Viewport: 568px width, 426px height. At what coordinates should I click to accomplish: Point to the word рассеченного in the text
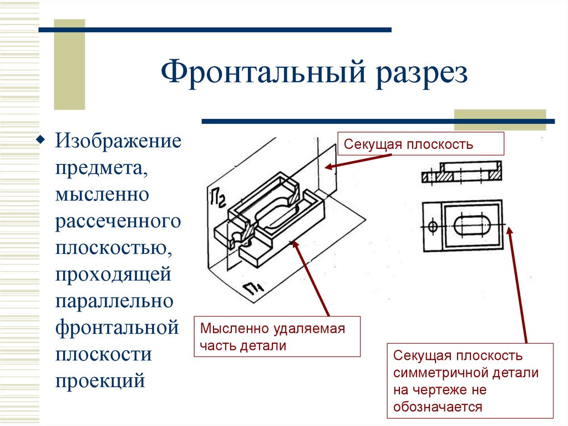pos(118,221)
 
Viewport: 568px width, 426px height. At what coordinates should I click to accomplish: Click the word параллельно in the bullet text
pos(114,300)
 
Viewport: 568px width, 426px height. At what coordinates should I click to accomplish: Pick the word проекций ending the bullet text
pos(100,380)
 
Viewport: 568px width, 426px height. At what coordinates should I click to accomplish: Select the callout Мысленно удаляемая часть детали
pos(277,337)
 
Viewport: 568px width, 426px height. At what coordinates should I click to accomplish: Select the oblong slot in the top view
pos(471,226)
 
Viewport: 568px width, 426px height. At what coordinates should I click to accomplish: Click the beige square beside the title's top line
pos(69,64)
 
